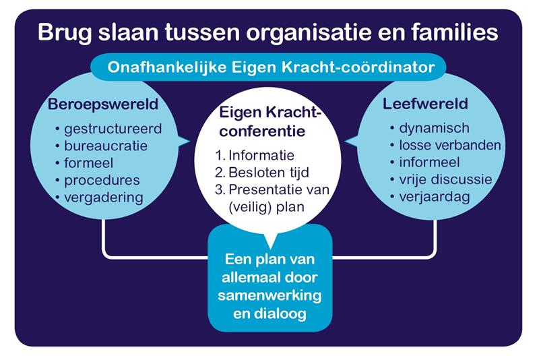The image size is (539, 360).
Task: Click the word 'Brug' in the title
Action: [65, 32]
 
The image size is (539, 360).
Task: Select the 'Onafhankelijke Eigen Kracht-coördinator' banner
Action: [271, 67]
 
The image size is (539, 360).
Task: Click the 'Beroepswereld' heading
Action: [103, 104]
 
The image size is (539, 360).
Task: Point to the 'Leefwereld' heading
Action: [425, 104]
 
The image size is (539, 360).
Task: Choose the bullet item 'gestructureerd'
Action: [108, 129]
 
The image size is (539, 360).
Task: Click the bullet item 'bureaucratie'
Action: [102, 146]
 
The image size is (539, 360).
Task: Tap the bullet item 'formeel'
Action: [84, 163]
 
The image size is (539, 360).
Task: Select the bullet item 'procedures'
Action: [98, 181]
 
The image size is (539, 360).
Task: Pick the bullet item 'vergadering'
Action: [99, 198]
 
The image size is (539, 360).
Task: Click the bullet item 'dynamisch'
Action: [430, 128]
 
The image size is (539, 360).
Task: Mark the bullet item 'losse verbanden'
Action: [445, 145]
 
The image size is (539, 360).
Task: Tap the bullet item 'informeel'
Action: [425, 162]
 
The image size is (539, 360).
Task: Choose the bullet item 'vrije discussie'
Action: [441, 179]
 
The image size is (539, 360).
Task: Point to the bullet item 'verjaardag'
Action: [430, 197]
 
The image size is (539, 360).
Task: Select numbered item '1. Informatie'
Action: [255, 156]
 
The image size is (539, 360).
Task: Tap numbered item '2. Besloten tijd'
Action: [262, 173]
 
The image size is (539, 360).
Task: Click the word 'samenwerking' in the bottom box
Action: [270, 296]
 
